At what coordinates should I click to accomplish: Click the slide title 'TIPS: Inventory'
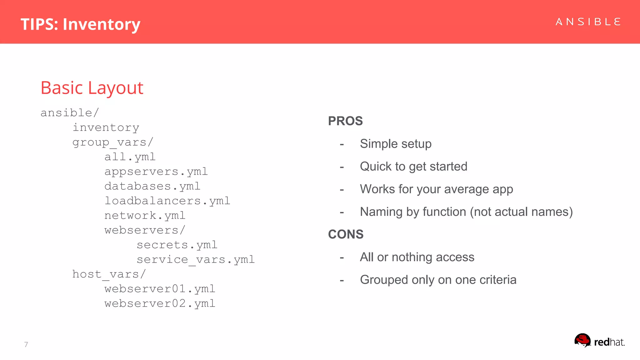80,24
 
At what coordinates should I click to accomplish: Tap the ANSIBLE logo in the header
588,22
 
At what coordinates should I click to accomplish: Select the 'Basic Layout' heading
92,88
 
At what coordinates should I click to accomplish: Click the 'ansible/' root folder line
70,113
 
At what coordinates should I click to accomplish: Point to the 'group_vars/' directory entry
113,142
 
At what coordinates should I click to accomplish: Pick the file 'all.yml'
130,157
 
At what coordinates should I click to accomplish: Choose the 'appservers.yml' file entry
156,172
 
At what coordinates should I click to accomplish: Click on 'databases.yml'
152,186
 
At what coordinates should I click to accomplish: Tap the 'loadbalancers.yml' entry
167,201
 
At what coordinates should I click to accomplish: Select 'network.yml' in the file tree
145,216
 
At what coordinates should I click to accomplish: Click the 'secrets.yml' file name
177,245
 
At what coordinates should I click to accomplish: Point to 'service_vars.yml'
196,260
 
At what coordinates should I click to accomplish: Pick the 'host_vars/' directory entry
109,274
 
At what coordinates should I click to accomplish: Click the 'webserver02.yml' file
160,303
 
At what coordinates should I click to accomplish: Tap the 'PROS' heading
345,121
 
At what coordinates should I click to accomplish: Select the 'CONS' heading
346,234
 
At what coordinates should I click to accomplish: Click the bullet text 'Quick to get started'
413,167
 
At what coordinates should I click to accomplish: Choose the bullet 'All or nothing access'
417,257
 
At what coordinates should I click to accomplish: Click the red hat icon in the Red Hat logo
582,340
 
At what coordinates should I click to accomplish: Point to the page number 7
26,344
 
